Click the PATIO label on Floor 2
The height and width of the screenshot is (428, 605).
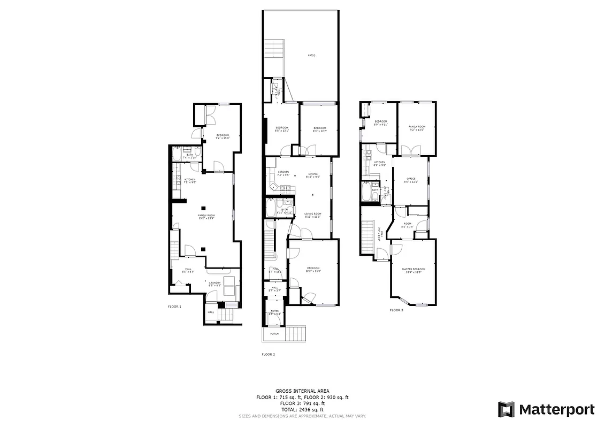coord(311,55)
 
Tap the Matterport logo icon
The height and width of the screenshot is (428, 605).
coord(506,409)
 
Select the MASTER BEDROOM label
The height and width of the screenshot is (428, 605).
coord(413,269)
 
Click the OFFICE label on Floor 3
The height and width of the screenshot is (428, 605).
coord(411,179)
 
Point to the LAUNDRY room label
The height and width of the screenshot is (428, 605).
coord(215,283)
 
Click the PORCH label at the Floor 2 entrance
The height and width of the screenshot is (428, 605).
coord(274,334)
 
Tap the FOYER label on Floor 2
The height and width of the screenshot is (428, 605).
coord(274,311)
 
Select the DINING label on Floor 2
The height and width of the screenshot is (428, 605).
coord(313,174)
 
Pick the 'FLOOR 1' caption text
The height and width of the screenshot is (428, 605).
coord(175,307)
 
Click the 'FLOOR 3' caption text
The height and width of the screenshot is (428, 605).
coord(396,310)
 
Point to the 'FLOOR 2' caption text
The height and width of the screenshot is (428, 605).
coord(268,354)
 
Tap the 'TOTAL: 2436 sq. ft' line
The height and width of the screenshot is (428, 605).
coord(302,409)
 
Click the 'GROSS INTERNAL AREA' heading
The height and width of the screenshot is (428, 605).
coord(302,391)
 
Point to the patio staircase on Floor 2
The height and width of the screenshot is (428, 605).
coord(273,51)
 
